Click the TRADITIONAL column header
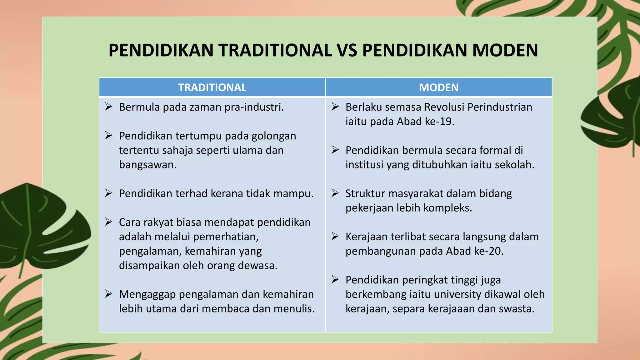(212, 87)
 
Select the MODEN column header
(438, 87)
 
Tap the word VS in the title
(347, 50)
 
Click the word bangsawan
(147, 165)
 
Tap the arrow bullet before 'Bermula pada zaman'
(108, 107)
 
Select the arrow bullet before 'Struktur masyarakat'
(335, 193)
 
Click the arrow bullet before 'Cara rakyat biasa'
(108, 222)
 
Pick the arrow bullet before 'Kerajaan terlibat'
(335, 236)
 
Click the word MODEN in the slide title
(505, 50)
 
